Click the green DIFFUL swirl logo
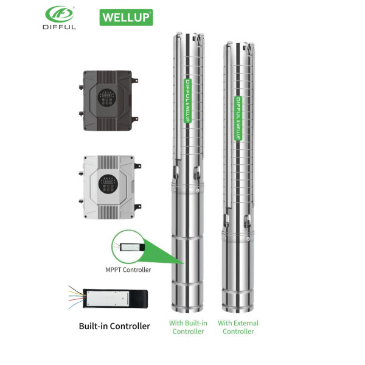pyautogui.click(x=60, y=14)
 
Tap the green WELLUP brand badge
pyautogui.click(x=126, y=17)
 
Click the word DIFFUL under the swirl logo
pyautogui.click(x=60, y=27)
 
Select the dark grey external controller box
pyautogui.click(x=109, y=100)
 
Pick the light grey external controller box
pyautogui.click(x=110, y=187)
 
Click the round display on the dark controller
pyautogui.click(x=107, y=97)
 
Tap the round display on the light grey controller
pyautogui.click(x=108, y=184)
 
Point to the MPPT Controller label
pyautogui.click(x=128, y=269)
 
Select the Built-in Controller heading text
pyautogui.click(x=114, y=326)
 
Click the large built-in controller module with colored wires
pyautogui.click(x=115, y=298)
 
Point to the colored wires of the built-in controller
pyautogui.click(x=77, y=297)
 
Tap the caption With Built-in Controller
pyautogui.click(x=188, y=327)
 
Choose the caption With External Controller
pyautogui.click(x=238, y=327)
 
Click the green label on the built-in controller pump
pyautogui.click(x=187, y=100)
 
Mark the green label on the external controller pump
pyautogui.click(x=238, y=118)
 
